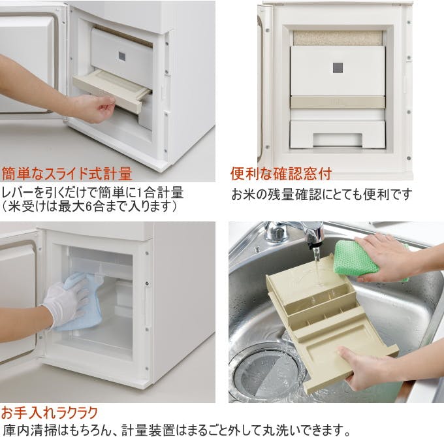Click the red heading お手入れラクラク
pyautogui.click(x=50, y=412)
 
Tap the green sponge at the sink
pyautogui.click(x=357, y=258)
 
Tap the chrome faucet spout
pyautogui.click(x=313, y=232)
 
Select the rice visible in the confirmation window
pyautogui.click(x=337, y=38)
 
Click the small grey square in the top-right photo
pyautogui.click(x=337, y=67)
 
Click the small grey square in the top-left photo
pyautogui.click(x=121, y=57)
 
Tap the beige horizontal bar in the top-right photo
pyautogui.click(x=337, y=102)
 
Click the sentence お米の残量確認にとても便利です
pyautogui.click(x=322, y=195)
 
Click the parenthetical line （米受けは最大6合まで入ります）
pyautogui.click(x=89, y=207)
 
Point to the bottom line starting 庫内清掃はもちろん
pyautogui.click(x=177, y=430)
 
